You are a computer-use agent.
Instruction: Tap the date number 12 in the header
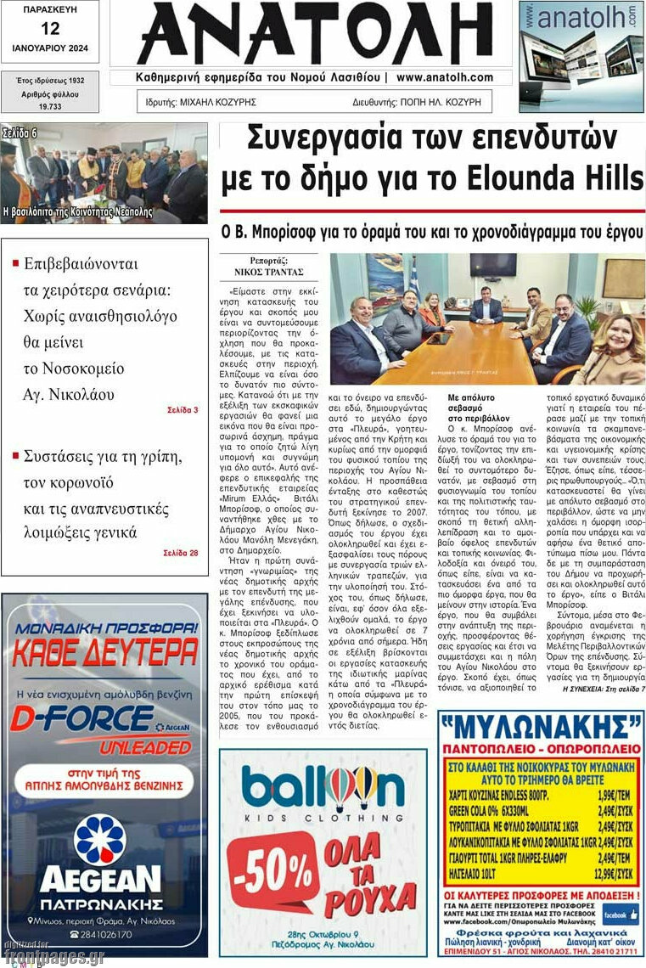click(49, 28)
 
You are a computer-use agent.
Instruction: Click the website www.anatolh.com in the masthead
click(444, 77)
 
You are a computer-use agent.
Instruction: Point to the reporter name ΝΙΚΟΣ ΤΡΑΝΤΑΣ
click(268, 273)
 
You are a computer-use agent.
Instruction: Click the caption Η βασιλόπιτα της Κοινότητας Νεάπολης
click(78, 211)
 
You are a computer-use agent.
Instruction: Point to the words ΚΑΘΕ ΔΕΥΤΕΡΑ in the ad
click(104, 652)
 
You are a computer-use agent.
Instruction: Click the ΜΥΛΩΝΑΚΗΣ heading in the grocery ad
click(540, 729)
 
